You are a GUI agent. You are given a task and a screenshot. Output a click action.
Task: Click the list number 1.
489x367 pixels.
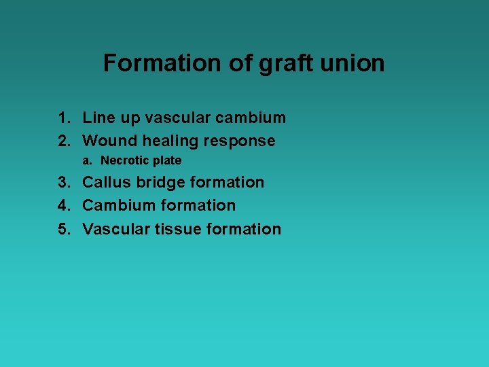point(64,118)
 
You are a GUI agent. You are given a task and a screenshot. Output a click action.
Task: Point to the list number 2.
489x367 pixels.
point(64,141)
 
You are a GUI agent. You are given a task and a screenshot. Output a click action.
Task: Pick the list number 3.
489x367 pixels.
point(64,182)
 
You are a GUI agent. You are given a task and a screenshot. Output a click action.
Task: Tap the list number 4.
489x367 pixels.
point(64,205)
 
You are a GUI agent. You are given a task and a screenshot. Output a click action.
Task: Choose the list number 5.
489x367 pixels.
point(64,229)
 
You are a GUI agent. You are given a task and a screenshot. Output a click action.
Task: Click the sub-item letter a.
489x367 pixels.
point(86,161)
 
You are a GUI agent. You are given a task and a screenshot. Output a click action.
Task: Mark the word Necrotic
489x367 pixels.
point(125,161)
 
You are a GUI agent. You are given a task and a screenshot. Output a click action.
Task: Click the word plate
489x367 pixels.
point(167,161)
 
